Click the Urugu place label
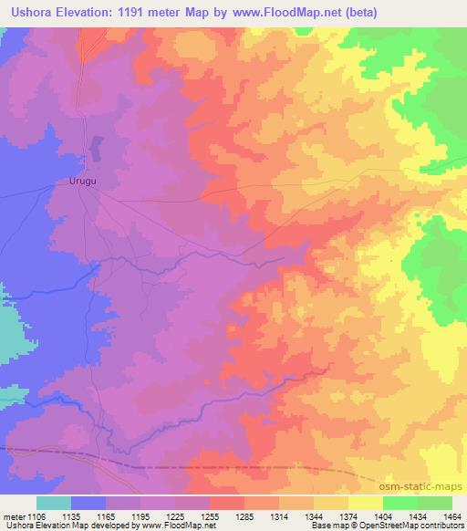[x=82, y=181]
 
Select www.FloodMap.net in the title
[x=277, y=12]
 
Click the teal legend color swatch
[x=54, y=503]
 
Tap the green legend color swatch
[x=435, y=503]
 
